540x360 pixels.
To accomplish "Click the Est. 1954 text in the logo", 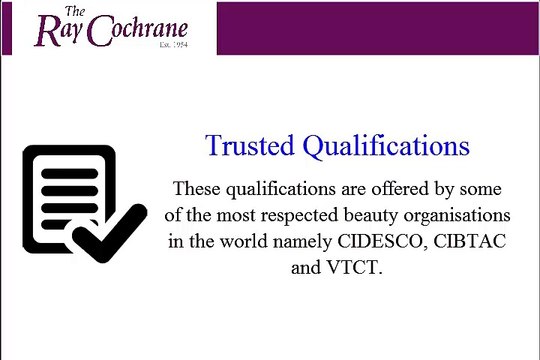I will click(173, 45).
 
